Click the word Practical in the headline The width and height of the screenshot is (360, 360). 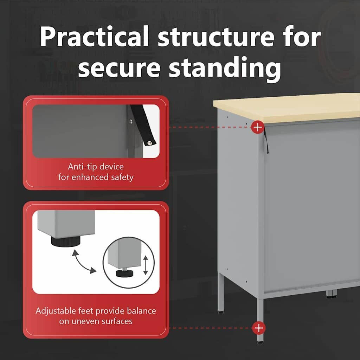[94, 36]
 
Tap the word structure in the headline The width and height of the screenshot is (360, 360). [216, 37]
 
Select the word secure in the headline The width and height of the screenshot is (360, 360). [119, 68]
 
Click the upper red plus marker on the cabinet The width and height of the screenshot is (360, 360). [258, 127]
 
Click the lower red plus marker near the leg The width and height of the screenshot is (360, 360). [259, 328]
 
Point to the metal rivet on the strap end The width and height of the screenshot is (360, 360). [149, 143]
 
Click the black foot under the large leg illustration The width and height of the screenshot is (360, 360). [66, 241]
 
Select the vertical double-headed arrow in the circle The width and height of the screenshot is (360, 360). [146, 265]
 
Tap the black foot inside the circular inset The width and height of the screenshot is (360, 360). [125, 274]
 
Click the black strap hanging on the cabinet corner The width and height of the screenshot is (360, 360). [266, 141]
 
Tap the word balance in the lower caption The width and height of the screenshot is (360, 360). [141, 311]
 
